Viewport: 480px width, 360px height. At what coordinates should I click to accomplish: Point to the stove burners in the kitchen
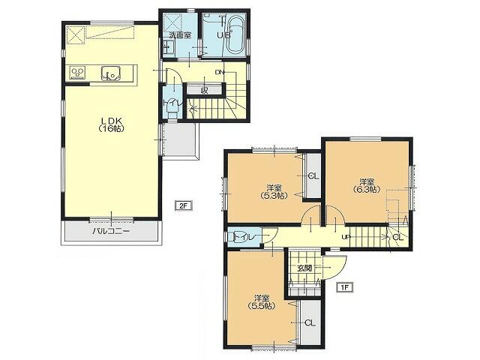77,73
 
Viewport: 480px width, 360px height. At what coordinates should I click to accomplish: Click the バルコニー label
111,232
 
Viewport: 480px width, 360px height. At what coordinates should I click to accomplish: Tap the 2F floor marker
182,205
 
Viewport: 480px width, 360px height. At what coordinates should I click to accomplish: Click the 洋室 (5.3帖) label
273,191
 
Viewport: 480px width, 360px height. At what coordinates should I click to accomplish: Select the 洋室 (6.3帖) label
366,185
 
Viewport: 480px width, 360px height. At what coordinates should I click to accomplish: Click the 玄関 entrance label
304,268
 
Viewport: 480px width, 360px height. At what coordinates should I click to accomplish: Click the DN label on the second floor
219,72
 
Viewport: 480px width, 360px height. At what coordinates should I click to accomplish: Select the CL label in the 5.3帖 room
313,176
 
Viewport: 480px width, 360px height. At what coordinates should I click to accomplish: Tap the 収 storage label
204,90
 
